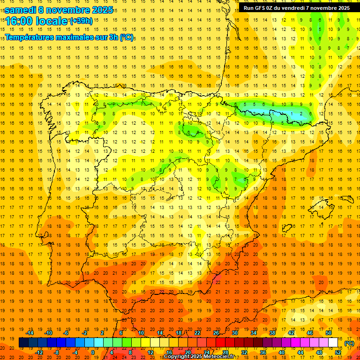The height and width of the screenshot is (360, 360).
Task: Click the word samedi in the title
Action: (21, 9)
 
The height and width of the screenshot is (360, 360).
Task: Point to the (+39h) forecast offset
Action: (81, 21)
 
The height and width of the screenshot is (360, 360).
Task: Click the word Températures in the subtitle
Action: (33, 37)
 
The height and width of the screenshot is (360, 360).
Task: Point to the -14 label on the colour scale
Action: (30, 333)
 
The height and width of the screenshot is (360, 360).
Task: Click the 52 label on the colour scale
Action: (338, 352)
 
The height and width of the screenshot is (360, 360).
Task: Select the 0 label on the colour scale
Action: (93, 352)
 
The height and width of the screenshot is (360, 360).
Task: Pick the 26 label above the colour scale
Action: (216, 333)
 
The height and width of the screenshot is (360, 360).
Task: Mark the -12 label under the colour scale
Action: (39, 352)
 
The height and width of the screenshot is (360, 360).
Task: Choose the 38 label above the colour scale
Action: (272, 333)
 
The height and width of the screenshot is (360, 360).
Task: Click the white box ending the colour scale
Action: (333, 343)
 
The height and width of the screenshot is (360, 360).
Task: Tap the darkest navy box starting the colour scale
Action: (23, 343)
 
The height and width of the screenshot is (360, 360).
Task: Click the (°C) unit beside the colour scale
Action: (349, 343)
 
